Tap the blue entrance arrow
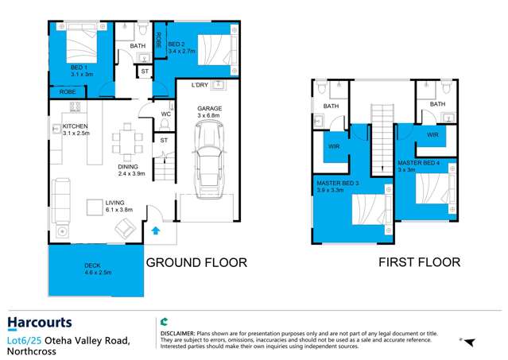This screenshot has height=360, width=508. pos(156,231)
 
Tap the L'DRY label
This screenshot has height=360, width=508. pos(201,85)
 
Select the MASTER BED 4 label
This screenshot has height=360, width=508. pos(417,164)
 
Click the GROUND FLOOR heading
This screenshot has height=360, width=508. pos(196,262)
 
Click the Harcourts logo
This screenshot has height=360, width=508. pos(40,323)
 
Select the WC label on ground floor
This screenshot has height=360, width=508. pos(166,114)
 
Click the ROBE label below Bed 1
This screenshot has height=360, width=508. pos(68,91)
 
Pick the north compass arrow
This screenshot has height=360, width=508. pos(468,342)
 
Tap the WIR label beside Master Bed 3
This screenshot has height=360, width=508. pos(333,146)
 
